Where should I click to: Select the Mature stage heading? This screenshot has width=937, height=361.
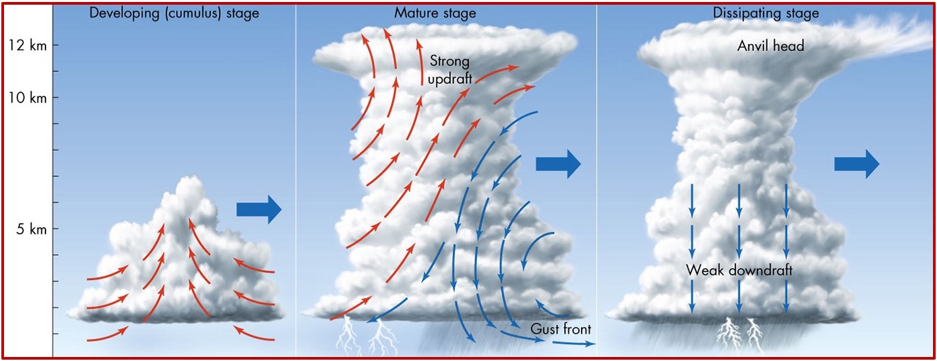(x=444, y=13)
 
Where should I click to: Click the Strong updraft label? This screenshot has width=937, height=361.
(x=450, y=70)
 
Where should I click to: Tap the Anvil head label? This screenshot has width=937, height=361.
(x=770, y=46)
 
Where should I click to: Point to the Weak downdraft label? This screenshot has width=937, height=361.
(x=739, y=271)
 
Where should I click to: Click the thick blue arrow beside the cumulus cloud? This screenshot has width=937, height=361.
(x=259, y=210)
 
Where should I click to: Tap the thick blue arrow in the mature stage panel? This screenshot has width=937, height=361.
(x=558, y=164)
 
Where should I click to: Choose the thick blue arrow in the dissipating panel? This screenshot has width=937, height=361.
(x=857, y=164)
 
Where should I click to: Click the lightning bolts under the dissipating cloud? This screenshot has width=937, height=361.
(x=740, y=335)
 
